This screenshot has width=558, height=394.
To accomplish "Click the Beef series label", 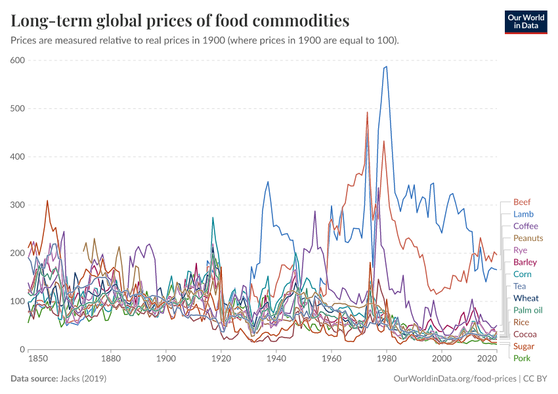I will (x=522, y=202).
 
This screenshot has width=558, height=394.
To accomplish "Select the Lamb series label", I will (x=523, y=214).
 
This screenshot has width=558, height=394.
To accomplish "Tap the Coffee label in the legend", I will (x=525, y=226).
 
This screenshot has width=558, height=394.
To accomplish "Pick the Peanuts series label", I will (x=528, y=238).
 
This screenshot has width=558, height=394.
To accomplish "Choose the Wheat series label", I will (x=526, y=298).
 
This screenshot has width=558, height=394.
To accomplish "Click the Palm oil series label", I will (x=528, y=310).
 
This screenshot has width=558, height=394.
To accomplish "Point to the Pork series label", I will (x=522, y=358).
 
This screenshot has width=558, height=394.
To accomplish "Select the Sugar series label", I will (x=524, y=346).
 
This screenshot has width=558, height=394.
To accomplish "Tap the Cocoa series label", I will (x=525, y=334).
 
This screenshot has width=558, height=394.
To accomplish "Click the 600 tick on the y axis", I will (x=17, y=60).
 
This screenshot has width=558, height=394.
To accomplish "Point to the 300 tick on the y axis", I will (x=17, y=205).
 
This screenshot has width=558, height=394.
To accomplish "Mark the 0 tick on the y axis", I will (x=22, y=349).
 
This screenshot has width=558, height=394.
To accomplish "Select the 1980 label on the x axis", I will (x=387, y=359).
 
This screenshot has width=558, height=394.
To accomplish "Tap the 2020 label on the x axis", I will (x=486, y=359).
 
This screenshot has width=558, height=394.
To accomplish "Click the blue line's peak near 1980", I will (x=387, y=66).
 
